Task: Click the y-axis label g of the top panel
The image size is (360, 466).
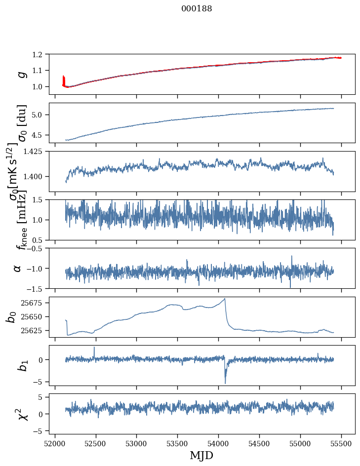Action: pyautogui.click(x=21, y=74)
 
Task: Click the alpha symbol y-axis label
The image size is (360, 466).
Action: pyautogui.click(x=17, y=268)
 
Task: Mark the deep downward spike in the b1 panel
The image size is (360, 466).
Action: pyautogui.click(x=225, y=383)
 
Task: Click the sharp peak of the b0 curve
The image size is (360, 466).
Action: pyautogui.click(x=225, y=299)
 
